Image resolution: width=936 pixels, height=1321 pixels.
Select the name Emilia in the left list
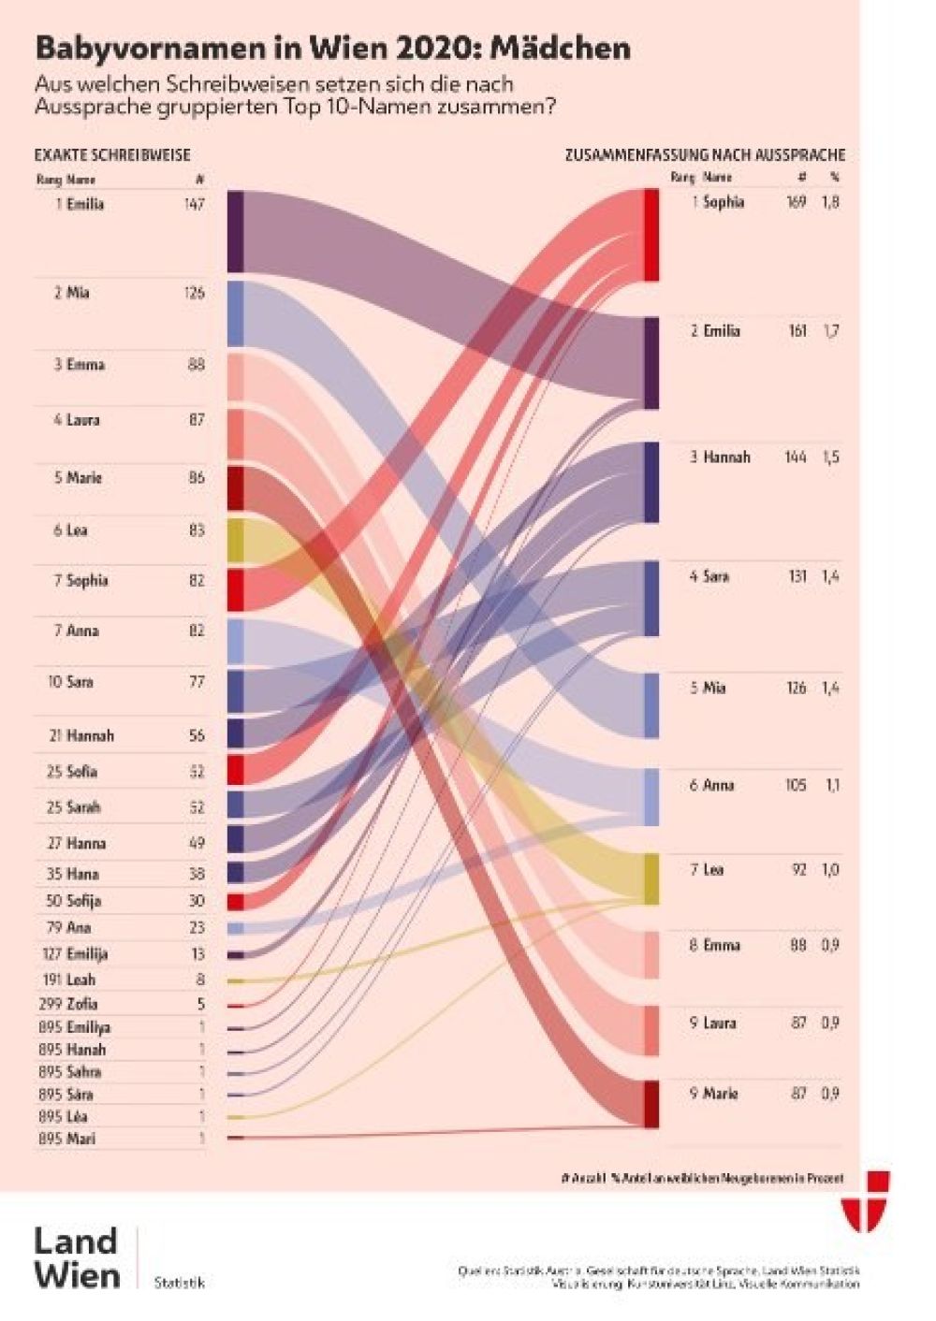[x=85, y=204]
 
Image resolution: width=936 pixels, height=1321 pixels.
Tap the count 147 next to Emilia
[x=194, y=204]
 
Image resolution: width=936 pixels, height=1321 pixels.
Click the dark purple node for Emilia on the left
[x=235, y=231]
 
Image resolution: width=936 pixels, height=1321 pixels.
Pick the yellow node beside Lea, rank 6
[x=235, y=540]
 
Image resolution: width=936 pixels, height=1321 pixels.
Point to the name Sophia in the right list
[x=724, y=202]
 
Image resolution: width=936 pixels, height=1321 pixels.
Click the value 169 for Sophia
[x=796, y=202]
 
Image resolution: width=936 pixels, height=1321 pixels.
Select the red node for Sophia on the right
[x=651, y=235]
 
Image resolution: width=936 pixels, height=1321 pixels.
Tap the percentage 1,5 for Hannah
[x=830, y=457]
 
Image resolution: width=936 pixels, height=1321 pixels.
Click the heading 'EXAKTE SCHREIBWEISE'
[x=112, y=155]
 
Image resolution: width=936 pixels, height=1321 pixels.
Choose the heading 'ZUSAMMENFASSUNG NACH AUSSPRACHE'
[x=704, y=155]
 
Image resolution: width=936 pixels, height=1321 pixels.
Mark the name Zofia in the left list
[x=82, y=1004]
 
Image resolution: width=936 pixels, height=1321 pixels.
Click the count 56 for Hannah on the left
[x=197, y=736]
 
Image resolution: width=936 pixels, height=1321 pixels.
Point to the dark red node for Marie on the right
[x=651, y=1104]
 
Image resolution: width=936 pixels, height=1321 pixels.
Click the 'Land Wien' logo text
[x=77, y=1258]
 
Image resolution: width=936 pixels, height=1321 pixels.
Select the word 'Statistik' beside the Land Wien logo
[x=179, y=1283]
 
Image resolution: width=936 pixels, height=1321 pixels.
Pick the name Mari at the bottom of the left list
[x=80, y=1139]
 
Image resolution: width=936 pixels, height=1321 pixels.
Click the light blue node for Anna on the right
[x=651, y=796]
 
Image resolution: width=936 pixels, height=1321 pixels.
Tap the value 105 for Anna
[x=796, y=786]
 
